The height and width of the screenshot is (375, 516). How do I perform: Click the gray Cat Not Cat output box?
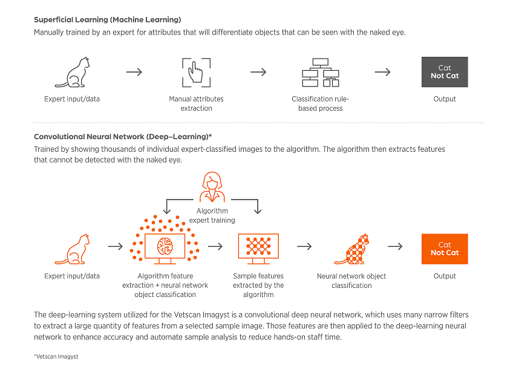pos(445,72)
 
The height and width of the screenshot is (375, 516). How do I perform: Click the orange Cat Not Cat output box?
pos(445,249)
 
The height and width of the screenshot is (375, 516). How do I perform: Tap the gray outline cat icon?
pos(72,73)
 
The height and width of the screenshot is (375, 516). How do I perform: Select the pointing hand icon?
pos(195,73)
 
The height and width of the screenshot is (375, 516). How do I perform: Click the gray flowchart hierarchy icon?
pos(321,73)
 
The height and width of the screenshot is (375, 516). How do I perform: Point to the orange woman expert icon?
pos(212,187)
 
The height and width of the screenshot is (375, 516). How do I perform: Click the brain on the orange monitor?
pos(165,246)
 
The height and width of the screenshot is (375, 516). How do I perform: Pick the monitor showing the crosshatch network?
pos(258,249)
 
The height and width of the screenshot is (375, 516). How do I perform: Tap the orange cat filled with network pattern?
pos(352,249)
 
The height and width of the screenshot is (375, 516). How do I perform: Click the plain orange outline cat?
pos(72,249)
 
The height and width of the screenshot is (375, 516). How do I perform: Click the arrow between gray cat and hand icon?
pos(134,72)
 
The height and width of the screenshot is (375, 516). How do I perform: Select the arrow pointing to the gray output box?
pos(382,72)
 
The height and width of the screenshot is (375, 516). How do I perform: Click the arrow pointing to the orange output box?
pos(395,246)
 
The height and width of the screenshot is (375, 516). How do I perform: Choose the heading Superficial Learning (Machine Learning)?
pos(108,20)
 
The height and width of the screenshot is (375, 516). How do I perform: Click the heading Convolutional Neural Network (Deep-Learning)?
pos(123,137)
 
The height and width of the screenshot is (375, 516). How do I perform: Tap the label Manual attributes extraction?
pos(196,103)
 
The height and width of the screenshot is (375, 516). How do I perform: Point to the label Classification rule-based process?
pos(321,103)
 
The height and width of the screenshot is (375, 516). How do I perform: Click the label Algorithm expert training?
pos(212,215)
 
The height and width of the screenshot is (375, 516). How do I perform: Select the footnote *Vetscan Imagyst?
pos(56,357)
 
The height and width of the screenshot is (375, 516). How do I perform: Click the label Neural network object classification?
pos(351,281)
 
